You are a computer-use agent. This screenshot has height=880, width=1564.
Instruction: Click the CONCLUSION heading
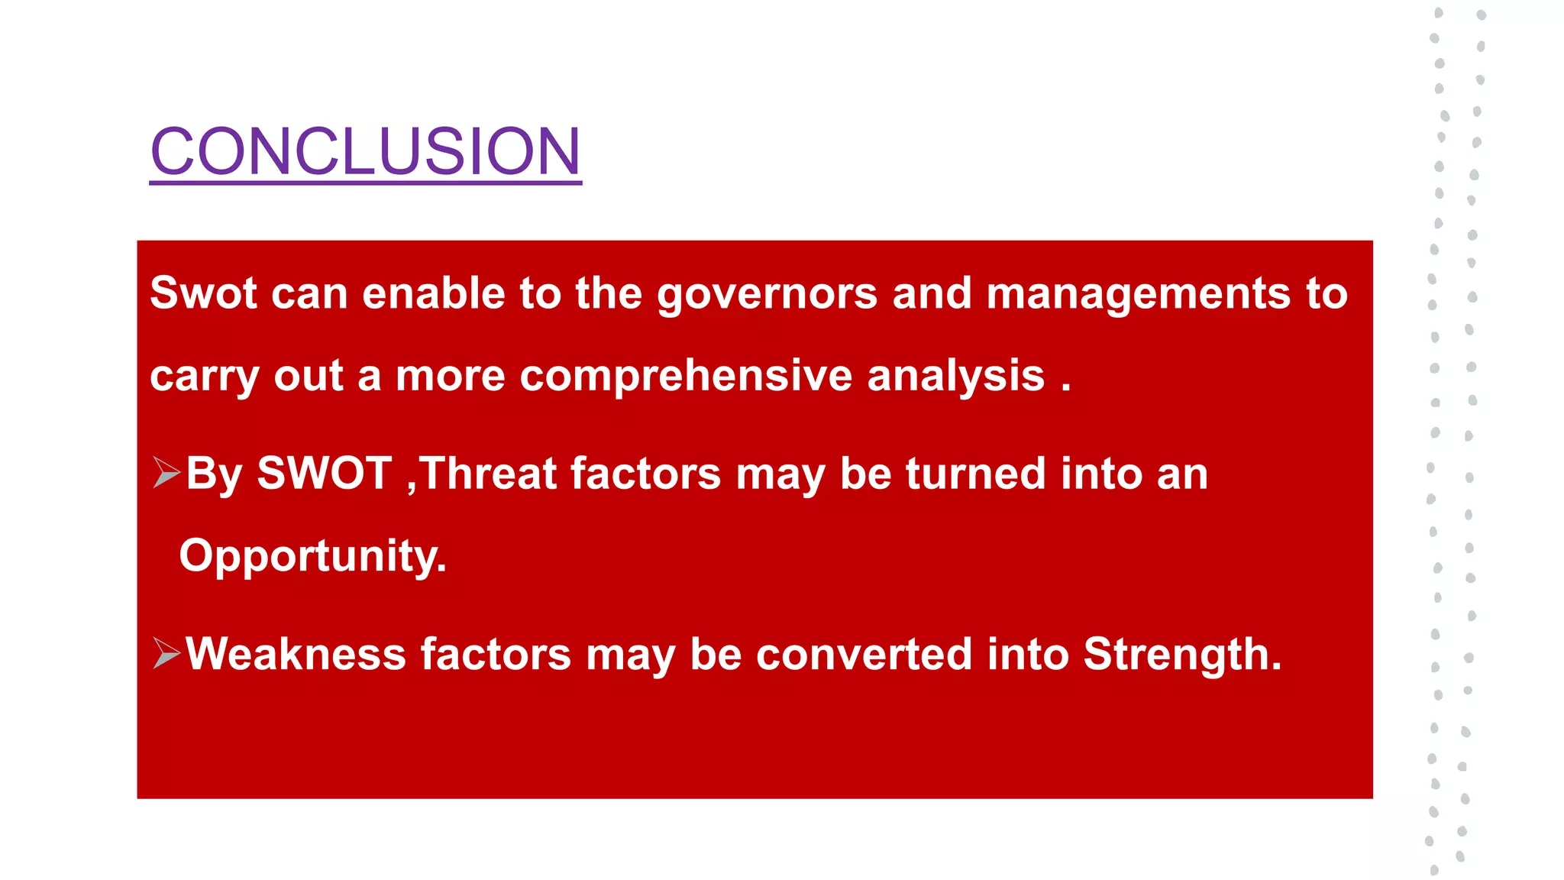pyautogui.click(x=365, y=151)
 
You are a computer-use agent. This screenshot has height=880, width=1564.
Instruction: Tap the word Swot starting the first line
pyautogui.click(x=203, y=293)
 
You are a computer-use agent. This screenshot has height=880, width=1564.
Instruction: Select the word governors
pyautogui.click(x=767, y=295)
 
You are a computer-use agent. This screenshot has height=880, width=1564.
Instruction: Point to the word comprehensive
pyautogui.click(x=685, y=377)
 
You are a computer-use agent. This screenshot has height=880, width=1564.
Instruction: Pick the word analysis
pyautogui.click(x=955, y=377)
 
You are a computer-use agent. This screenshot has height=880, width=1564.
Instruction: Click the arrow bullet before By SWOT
pyautogui.click(x=166, y=473)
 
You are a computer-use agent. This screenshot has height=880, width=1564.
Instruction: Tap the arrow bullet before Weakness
pyautogui.click(x=166, y=653)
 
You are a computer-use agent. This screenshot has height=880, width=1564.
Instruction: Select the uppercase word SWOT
pyautogui.click(x=324, y=474)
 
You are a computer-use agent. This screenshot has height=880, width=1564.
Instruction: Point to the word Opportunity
pyautogui.click(x=312, y=556)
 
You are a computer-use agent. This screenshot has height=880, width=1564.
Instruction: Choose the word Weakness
pyautogui.click(x=296, y=655)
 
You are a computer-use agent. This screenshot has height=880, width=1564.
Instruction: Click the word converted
pyautogui.click(x=864, y=655)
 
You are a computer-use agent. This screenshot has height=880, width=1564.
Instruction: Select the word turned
pyautogui.click(x=975, y=474)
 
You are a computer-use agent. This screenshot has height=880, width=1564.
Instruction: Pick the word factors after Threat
pyautogui.click(x=645, y=474)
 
